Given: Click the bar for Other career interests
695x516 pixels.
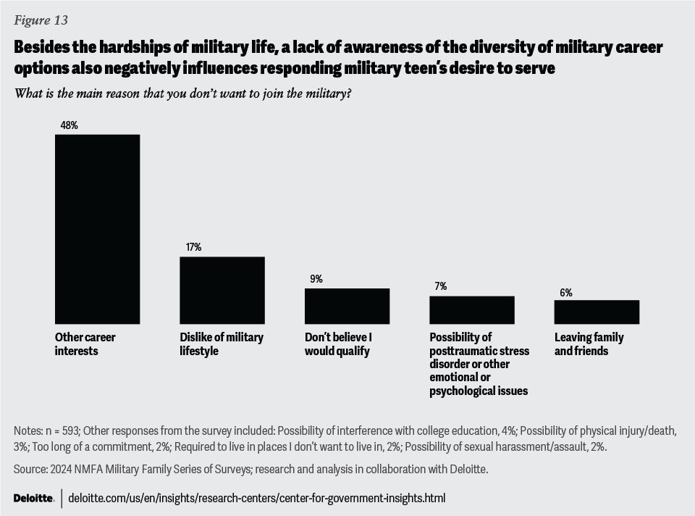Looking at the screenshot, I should pyautogui.click(x=97, y=229).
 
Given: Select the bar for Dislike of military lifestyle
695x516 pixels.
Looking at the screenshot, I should pyautogui.click(x=222, y=290).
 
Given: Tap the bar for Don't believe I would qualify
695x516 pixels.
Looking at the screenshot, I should pyautogui.click(x=347, y=306).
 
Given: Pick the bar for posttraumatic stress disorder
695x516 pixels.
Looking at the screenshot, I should pyautogui.click(x=472, y=309).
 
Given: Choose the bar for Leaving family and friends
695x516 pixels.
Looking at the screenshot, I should pyautogui.click(x=597, y=312).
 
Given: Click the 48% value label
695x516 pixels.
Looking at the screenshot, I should pyautogui.click(x=69, y=125).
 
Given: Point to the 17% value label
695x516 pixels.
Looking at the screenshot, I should pyautogui.click(x=193, y=247).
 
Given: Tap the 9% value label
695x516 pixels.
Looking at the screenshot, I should pyautogui.click(x=316, y=279).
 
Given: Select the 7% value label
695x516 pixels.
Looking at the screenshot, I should pyautogui.click(x=441, y=286).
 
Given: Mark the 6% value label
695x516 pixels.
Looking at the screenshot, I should pyautogui.click(x=565, y=293).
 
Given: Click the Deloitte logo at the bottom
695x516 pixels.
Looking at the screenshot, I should pyautogui.click(x=34, y=499).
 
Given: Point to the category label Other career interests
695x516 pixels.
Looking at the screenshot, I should pyautogui.click(x=85, y=344).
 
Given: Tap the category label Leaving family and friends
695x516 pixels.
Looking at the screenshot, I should pyautogui.click(x=589, y=344).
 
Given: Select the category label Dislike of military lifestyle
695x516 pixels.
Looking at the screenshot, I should pyautogui.click(x=222, y=344).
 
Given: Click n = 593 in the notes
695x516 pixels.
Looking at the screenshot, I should pyautogui.click(x=63, y=431).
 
